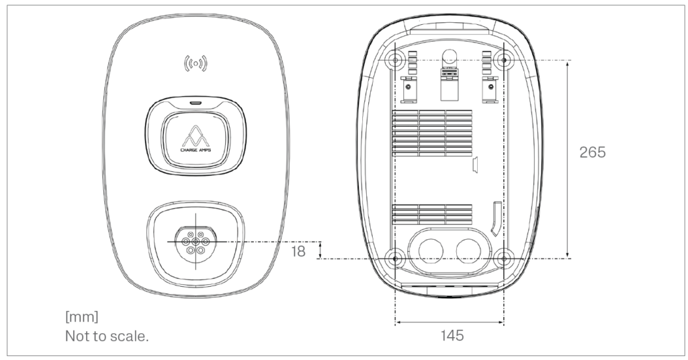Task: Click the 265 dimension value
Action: [592, 152]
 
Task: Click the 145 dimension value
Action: [449, 334]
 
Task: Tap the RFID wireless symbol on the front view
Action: [196, 64]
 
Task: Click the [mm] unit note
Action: [81, 316]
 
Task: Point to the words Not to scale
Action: [106, 336]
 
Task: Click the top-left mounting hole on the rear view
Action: [396, 60]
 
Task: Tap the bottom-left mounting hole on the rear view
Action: [396, 257]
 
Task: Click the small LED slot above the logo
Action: [196, 104]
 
